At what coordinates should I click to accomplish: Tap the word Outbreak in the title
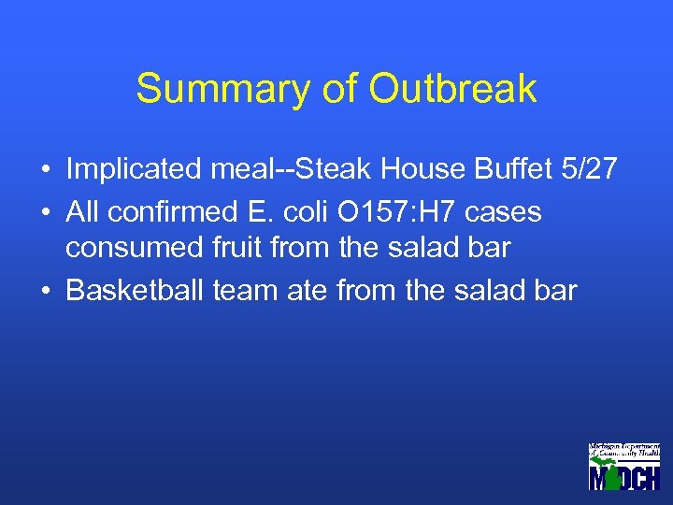coord(452,89)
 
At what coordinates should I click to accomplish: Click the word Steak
coord(344,169)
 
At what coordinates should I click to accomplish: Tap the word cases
coord(503,212)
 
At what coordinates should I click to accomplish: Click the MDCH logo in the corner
coord(623,466)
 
